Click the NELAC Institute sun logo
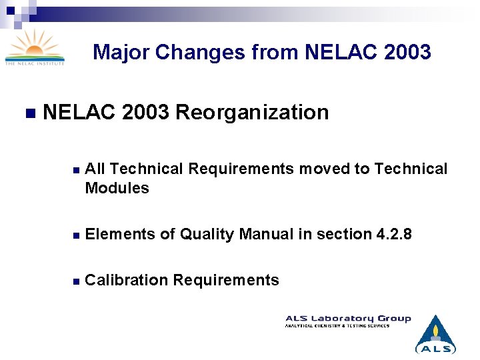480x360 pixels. click(35, 47)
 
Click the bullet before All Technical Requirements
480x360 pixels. click(77, 170)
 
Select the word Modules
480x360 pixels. click(117, 188)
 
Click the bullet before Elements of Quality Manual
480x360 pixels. click(77, 235)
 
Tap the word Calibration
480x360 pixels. click(127, 280)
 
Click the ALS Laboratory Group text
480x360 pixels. click(348, 318)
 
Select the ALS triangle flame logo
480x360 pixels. click(435, 333)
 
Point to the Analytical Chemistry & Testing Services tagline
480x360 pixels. click(337, 325)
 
